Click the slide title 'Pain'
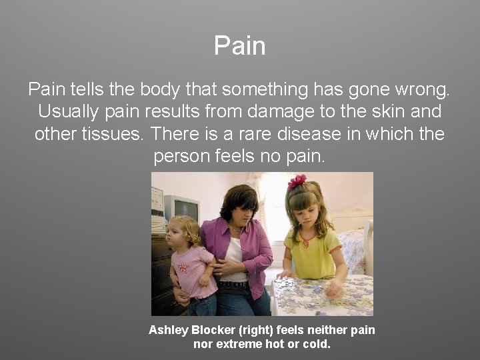[240, 46]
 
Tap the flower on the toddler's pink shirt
[183, 267]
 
